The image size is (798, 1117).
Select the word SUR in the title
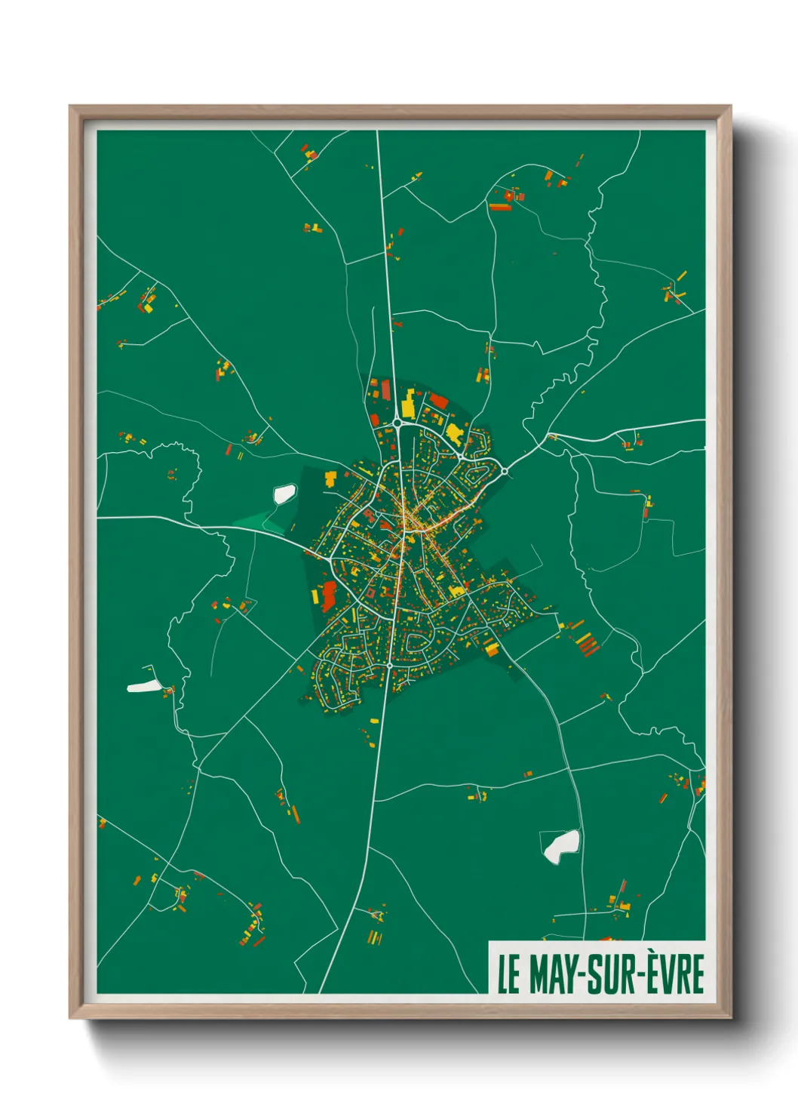[x=615, y=974]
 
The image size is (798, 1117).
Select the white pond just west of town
[x=284, y=494]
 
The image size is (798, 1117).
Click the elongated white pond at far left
[x=143, y=686]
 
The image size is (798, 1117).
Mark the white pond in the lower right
[x=562, y=845]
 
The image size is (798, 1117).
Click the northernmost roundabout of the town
[x=397, y=422]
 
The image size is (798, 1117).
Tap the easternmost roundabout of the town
[x=504, y=471]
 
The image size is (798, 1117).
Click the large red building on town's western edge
[x=328, y=596]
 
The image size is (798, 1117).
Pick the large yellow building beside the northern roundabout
[x=408, y=404]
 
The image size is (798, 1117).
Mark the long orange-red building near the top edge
[x=499, y=207]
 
